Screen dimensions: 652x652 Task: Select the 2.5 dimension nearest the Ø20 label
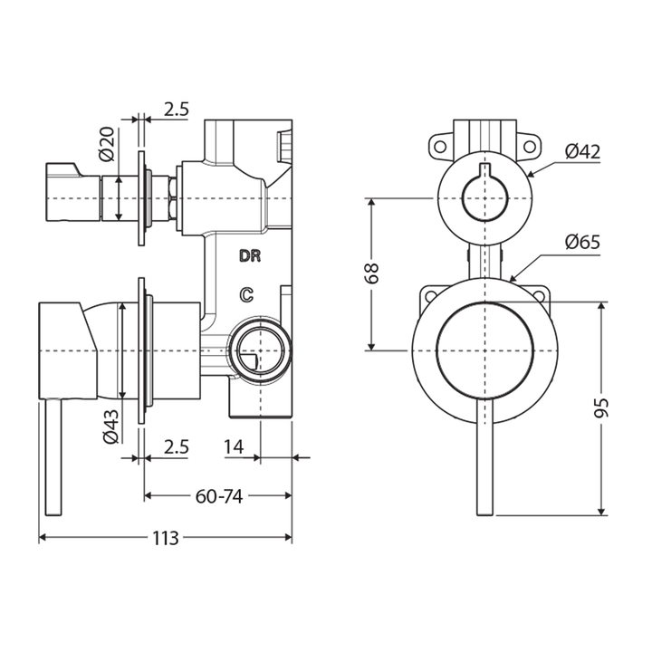pyautogui.click(x=177, y=110)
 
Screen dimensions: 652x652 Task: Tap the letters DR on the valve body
pyautogui.click(x=250, y=256)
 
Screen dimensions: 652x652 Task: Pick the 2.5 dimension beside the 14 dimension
pyautogui.click(x=177, y=446)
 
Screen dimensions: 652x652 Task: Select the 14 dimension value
pyautogui.click(x=233, y=446)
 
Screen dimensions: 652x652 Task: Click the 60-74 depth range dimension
pyautogui.click(x=218, y=495)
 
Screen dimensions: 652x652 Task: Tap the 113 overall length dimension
pyautogui.click(x=164, y=538)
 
